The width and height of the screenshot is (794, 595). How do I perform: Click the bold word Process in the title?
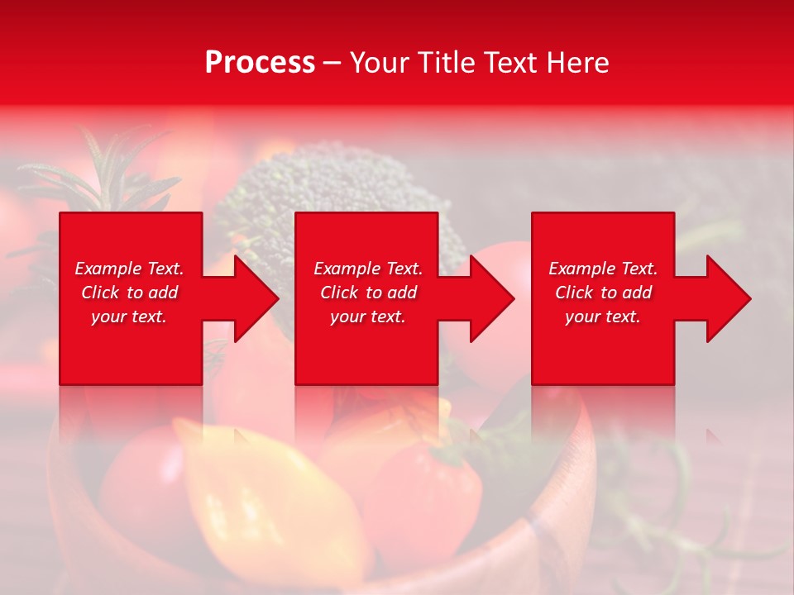260,62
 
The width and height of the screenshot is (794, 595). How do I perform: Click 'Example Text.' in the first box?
129,269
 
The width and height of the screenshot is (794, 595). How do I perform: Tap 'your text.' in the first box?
129,317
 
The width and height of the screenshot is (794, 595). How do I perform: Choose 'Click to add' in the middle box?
368,293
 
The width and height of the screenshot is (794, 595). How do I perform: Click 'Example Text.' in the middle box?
368,269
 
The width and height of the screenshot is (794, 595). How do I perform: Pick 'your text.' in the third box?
603,317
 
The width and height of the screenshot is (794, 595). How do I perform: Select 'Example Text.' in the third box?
603,269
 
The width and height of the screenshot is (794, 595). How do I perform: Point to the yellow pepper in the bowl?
265,496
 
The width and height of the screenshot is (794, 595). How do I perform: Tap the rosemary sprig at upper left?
91,174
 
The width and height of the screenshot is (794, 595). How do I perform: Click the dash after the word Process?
332,64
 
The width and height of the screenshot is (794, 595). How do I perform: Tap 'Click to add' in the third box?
603,293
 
